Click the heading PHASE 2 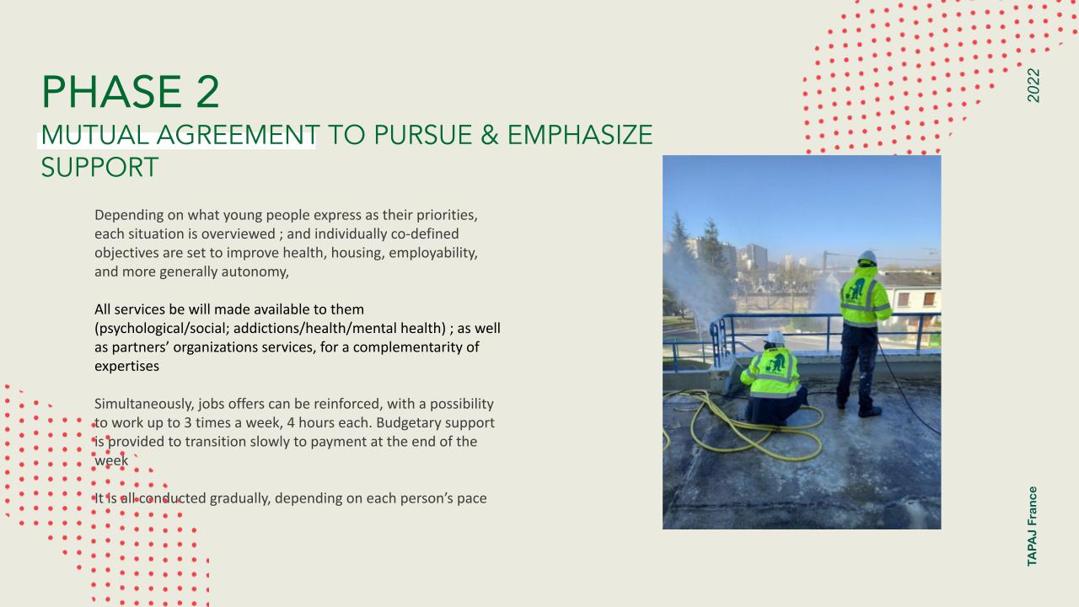click(131, 92)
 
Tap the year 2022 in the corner click(1033, 85)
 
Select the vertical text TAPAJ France click(1032, 526)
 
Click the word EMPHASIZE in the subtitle click(580, 135)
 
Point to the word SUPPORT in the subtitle click(99, 168)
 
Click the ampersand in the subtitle click(490, 135)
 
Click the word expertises click(126, 367)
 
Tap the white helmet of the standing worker click(867, 257)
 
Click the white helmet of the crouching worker click(776, 337)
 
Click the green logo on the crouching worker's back click(776, 363)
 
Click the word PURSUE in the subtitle click(423, 135)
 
